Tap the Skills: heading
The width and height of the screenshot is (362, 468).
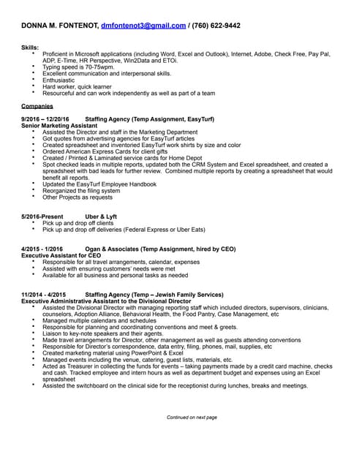[x=30, y=48]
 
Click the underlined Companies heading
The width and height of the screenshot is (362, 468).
[x=37, y=105]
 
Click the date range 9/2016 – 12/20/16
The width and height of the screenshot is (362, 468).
[x=45, y=118]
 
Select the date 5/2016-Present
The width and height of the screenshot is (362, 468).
[x=42, y=216]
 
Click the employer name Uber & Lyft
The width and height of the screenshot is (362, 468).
[x=101, y=216]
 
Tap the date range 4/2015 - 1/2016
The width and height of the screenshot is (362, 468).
[x=42, y=249]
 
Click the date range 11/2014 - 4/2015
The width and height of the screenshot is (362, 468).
[x=44, y=294]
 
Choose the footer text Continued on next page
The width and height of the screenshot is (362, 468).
[x=192, y=417]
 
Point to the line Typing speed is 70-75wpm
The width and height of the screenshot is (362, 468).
[x=78, y=67]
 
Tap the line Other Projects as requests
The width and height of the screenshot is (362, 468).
[x=78, y=197]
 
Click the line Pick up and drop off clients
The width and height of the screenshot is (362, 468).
[x=83, y=223]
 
